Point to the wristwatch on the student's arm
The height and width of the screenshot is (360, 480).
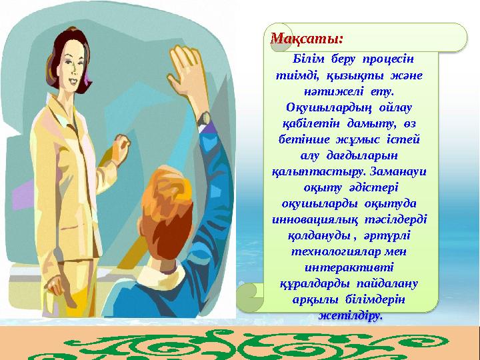[x=203, y=120]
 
